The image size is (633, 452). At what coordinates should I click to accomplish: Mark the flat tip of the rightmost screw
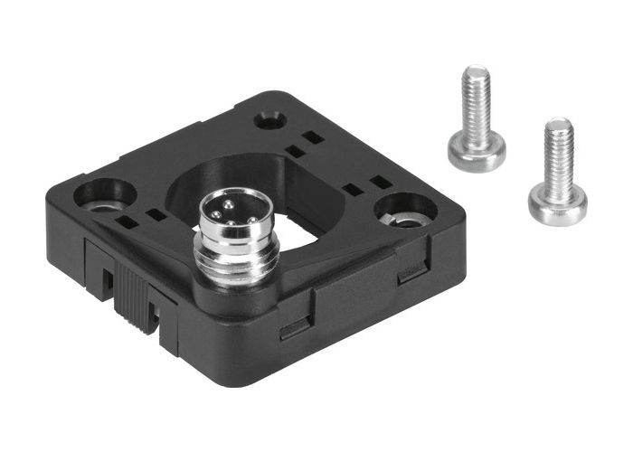[x=559, y=123]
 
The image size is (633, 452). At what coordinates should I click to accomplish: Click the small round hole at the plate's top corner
[x=269, y=119]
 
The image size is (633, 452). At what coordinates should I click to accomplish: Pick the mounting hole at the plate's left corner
[x=105, y=193]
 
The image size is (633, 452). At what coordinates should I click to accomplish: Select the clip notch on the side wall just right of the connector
[x=295, y=327]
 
